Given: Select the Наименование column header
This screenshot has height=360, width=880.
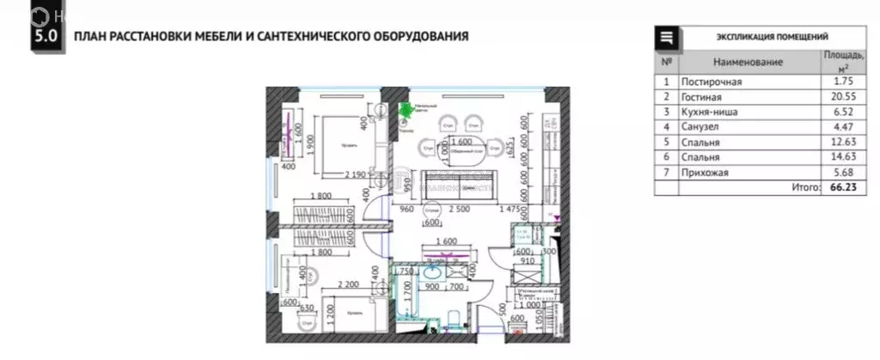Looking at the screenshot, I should pos(748,63).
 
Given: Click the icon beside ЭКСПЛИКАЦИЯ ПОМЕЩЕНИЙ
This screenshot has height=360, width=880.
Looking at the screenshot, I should pos(667,37).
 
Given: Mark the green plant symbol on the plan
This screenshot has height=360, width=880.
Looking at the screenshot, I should pos(406,109).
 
